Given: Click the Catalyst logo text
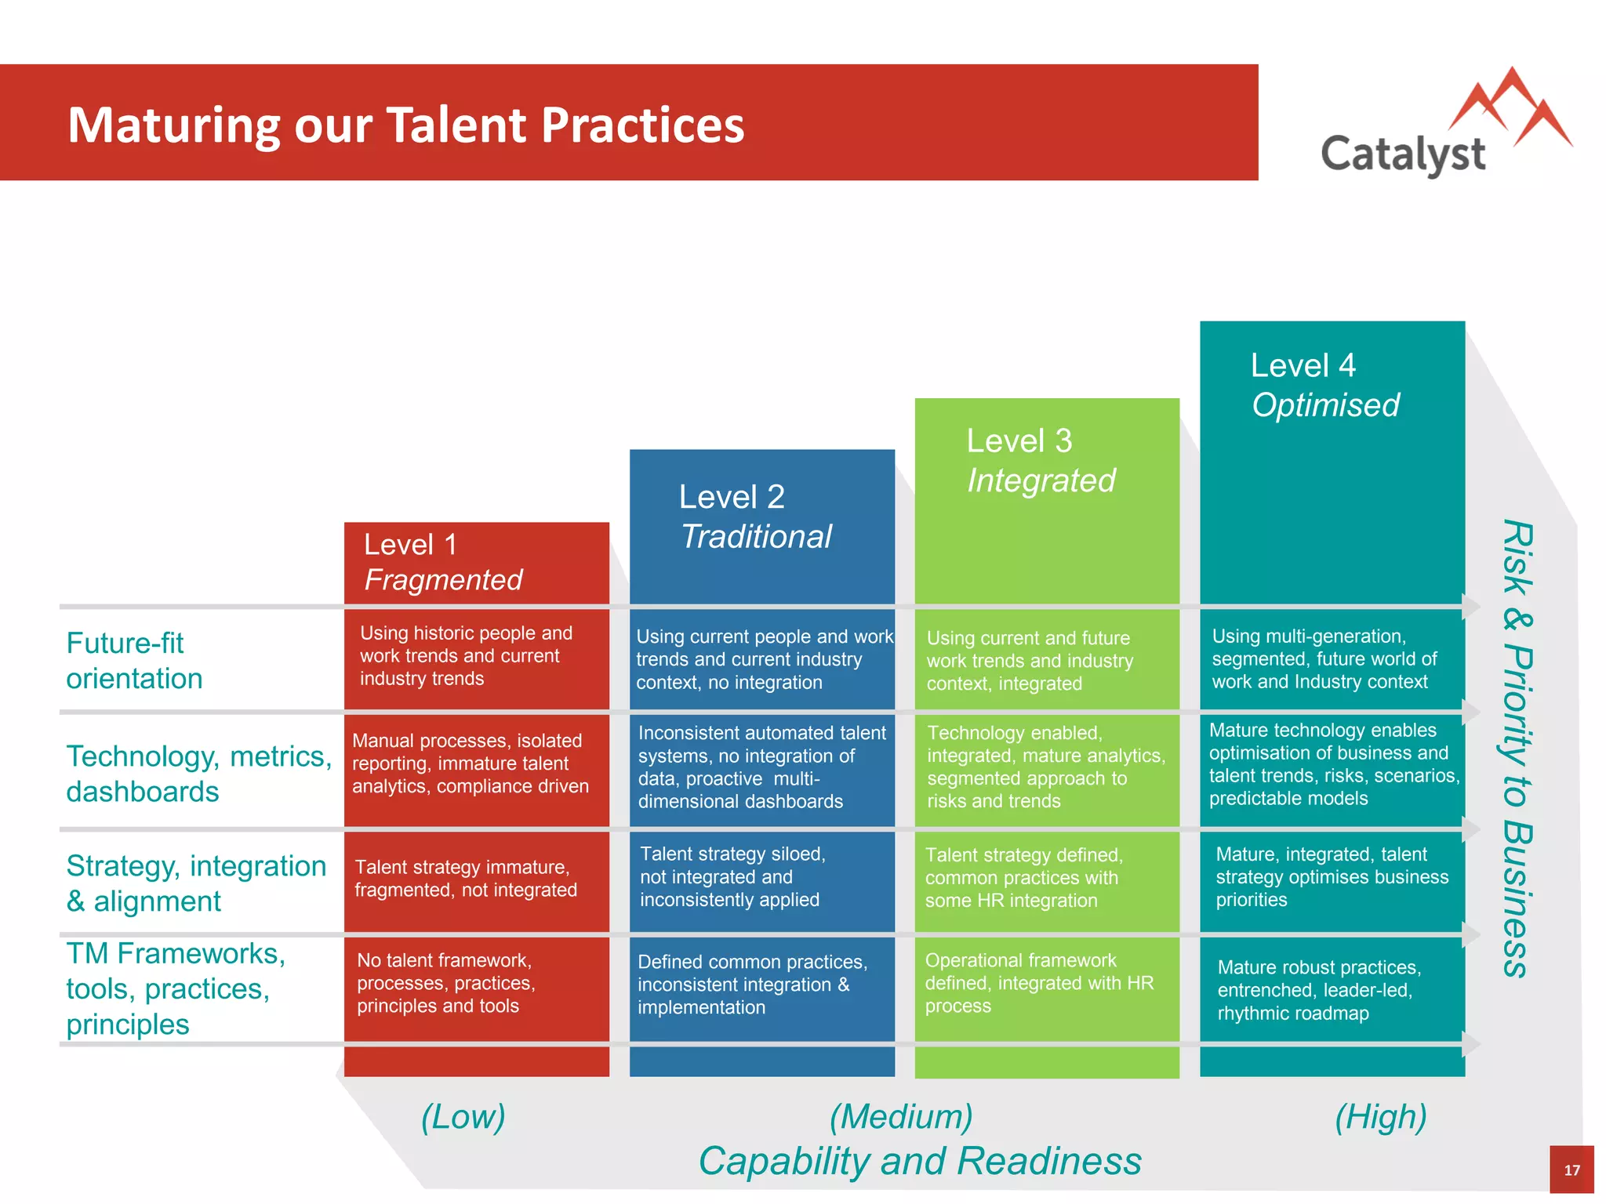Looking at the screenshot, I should pyautogui.click(x=1402, y=154).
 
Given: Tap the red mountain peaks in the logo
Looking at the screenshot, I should pyautogui.click(x=1511, y=106).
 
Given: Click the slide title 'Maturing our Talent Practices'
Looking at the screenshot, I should pyautogui.click(x=405, y=125).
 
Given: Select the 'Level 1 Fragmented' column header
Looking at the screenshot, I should pyautogui.click(x=443, y=562).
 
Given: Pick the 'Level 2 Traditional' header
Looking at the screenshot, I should pyautogui.click(x=754, y=517).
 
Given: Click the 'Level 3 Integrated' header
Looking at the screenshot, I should pyautogui.click(x=1041, y=461).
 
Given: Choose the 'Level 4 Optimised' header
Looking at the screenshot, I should pyautogui.click(x=1324, y=385).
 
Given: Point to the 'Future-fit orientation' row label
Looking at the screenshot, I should pyautogui.click(x=134, y=660).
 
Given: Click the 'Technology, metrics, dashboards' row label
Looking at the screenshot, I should pyautogui.click(x=198, y=773).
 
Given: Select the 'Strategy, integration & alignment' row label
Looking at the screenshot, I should pyautogui.click(x=195, y=883).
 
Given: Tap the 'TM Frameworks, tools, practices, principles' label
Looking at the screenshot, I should pyautogui.click(x=175, y=988).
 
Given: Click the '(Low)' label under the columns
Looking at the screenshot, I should pyautogui.click(x=463, y=1116).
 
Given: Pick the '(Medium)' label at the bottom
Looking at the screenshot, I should pyautogui.click(x=901, y=1116).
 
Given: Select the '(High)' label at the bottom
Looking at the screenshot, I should pyautogui.click(x=1380, y=1116).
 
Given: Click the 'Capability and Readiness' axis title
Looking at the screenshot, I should pyautogui.click(x=919, y=1161).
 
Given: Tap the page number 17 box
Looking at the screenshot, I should pyautogui.click(x=1571, y=1170).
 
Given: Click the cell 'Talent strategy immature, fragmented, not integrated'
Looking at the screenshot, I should pyautogui.click(x=466, y=879).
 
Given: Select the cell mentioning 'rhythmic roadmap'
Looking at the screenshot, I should pyautogui.click(x=1319, y=990).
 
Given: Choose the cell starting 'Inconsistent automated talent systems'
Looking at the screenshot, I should pyautogui.click(x=761, y=767).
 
